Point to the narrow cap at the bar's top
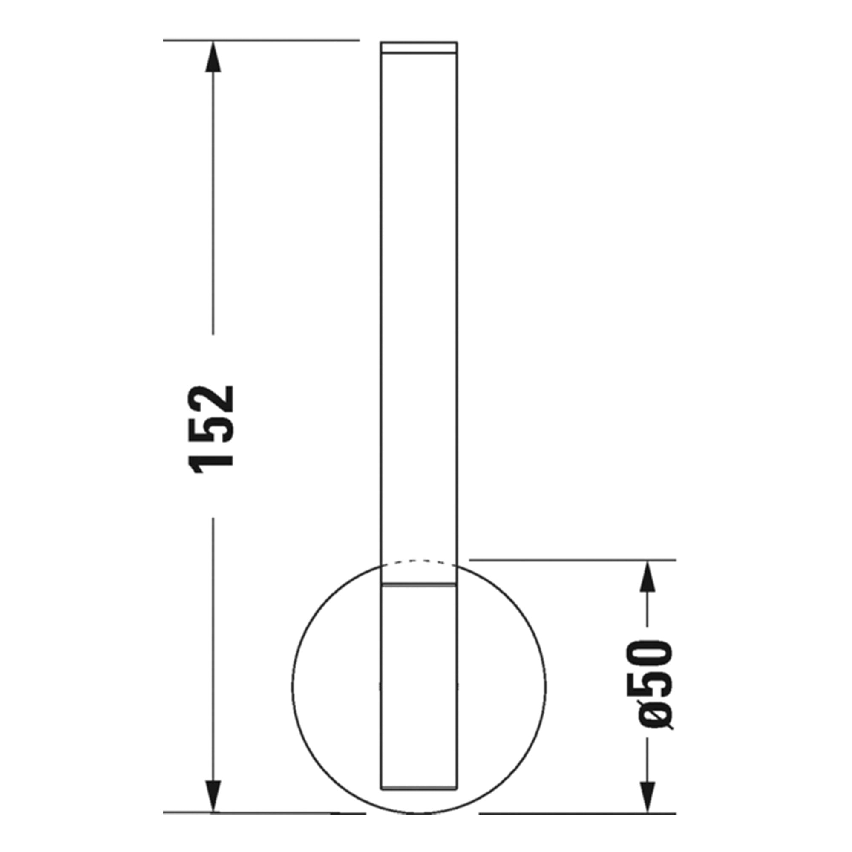(418, 48)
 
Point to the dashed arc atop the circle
(418, 561)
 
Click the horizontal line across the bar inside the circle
(418, 585)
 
